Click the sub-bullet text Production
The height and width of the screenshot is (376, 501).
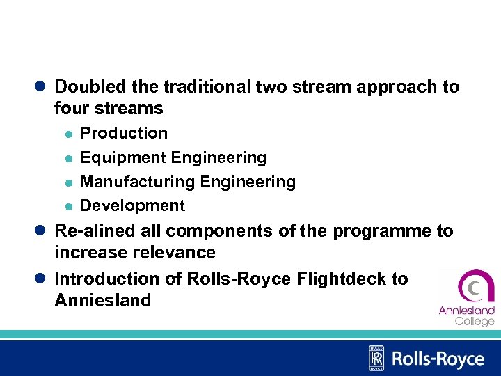coord(125,133)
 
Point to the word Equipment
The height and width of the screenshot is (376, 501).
coord(123,158)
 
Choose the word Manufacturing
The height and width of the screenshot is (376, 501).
coord(138,182)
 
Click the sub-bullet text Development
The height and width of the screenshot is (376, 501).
coord(133,206)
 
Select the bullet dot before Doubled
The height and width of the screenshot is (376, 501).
coord(42,87)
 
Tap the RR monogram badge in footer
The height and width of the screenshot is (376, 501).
coord(376,359)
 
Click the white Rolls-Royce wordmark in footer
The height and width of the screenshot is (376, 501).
coord(438,359)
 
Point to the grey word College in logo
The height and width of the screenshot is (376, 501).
coord(475,321)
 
